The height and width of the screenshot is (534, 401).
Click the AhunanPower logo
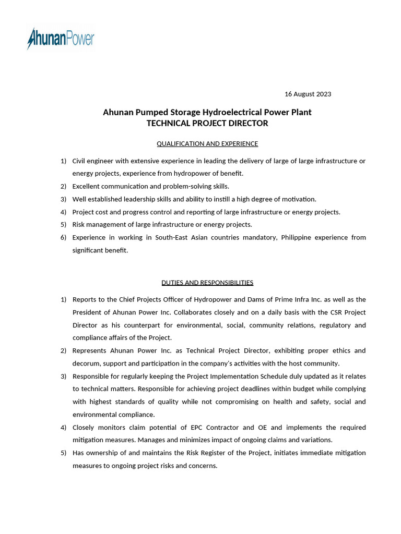point(61,39)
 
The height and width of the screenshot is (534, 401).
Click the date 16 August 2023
point(308,94)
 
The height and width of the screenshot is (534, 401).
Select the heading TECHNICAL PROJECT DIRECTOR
point(207,124)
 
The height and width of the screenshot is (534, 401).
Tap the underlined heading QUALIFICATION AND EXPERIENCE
point(207,143)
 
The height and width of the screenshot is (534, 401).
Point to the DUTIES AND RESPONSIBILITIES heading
point(207,283)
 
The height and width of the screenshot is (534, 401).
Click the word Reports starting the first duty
point(85,299)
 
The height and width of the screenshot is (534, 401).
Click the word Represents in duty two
point(89,350)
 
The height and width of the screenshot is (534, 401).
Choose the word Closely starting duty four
point(84,428)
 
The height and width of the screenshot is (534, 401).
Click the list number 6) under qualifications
point(63,237)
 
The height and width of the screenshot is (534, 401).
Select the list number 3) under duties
point(63,376)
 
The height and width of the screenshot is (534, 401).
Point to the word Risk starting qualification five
point(79,225)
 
